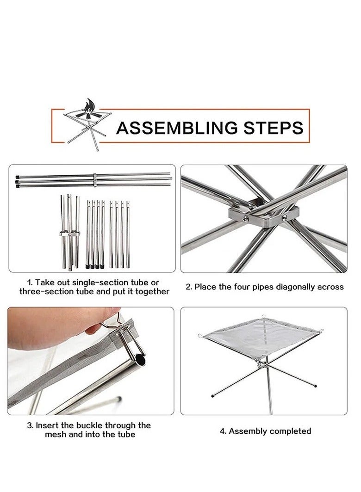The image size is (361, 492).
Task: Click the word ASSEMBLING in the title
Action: pos(178,128)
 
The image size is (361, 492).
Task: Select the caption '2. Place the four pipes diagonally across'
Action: pos(265,287)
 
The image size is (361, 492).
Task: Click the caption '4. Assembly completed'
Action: pos(266,431)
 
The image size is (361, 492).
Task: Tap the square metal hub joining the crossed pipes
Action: pos(263,216)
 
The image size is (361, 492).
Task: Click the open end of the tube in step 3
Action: pos(141,360)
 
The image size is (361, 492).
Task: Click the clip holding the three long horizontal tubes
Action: pos(94,180)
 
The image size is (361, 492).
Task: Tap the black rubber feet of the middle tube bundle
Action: pos(94,267)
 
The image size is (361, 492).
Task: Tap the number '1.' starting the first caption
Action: pos(30,283)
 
